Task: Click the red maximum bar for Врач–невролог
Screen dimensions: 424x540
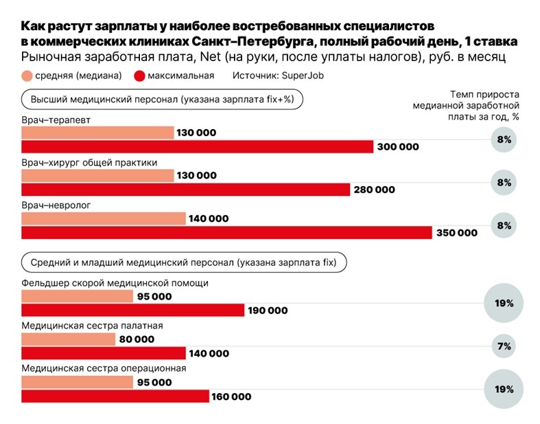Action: point(226,233)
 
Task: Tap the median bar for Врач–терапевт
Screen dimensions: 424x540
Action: point(97,133)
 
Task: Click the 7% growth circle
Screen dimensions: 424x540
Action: point(504,346)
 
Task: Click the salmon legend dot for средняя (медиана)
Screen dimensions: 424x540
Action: point(27,76)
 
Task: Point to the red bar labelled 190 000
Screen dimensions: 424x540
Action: point(132,311)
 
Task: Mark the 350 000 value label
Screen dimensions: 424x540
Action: point(456,233)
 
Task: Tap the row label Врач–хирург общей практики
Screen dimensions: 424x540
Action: point(89,163)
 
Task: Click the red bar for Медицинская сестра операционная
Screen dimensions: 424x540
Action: point(115,397)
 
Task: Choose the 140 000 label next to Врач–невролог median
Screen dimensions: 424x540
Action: point(208,219)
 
